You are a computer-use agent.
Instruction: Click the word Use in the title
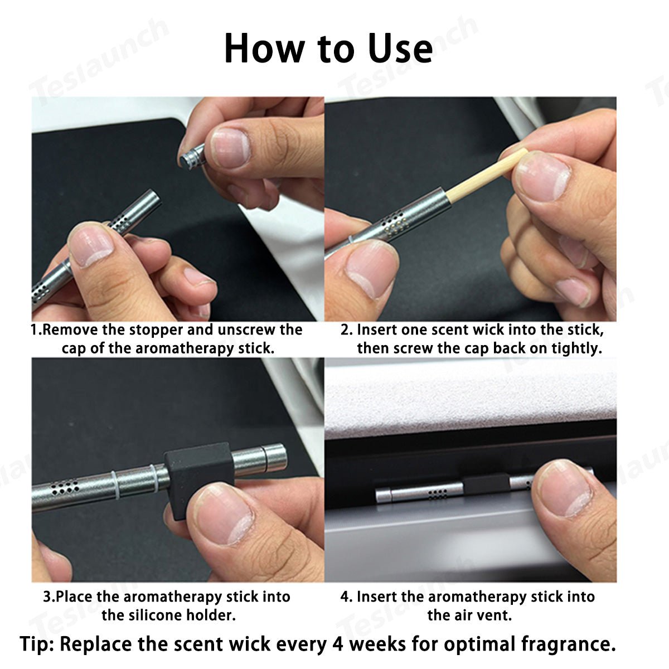(400, 49)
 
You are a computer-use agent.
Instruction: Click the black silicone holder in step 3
(199, 481)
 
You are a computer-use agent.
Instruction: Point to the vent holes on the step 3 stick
(65, 486)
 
